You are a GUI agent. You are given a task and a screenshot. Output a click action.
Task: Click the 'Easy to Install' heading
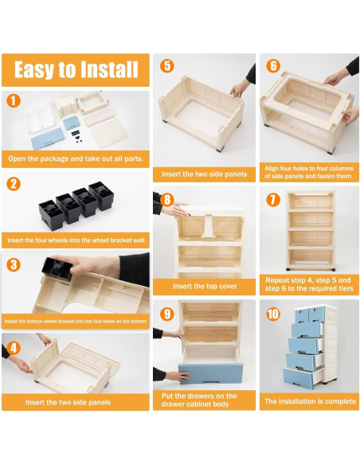(76, 70)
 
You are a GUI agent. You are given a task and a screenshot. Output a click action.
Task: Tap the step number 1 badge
(14, 101)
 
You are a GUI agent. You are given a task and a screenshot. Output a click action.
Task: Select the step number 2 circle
(14, 184)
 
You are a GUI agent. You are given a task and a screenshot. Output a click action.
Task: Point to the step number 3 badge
(14, 264)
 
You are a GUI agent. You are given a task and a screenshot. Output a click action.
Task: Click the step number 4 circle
(14, 348)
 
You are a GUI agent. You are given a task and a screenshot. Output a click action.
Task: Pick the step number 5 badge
(167, 66)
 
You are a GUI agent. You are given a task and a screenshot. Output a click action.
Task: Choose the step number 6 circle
(273, 66)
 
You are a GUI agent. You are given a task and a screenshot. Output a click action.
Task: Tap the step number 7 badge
(273, 200)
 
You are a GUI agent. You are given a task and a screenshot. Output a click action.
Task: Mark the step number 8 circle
(167, 200)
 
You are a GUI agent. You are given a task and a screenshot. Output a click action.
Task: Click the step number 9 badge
(167, 314)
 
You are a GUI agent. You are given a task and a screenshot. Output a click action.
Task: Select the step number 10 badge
(273, 314)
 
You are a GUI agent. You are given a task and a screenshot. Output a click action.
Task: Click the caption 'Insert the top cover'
(205, 286)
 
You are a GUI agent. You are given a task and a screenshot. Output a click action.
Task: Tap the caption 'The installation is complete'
(310, 401)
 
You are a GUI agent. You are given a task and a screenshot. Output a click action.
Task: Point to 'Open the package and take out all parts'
(76, 158)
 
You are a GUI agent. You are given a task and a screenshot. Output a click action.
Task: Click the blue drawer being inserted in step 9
(210, 373)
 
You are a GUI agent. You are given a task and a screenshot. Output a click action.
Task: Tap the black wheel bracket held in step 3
(57, 269)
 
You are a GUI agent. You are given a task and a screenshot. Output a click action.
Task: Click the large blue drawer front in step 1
(48, 139)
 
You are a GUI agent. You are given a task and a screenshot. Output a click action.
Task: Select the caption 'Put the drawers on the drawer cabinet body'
(199, 400)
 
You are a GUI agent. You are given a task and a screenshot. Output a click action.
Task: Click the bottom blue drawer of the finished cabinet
(299, 378)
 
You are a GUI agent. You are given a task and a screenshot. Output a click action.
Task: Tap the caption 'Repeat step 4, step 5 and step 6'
(309, 284)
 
